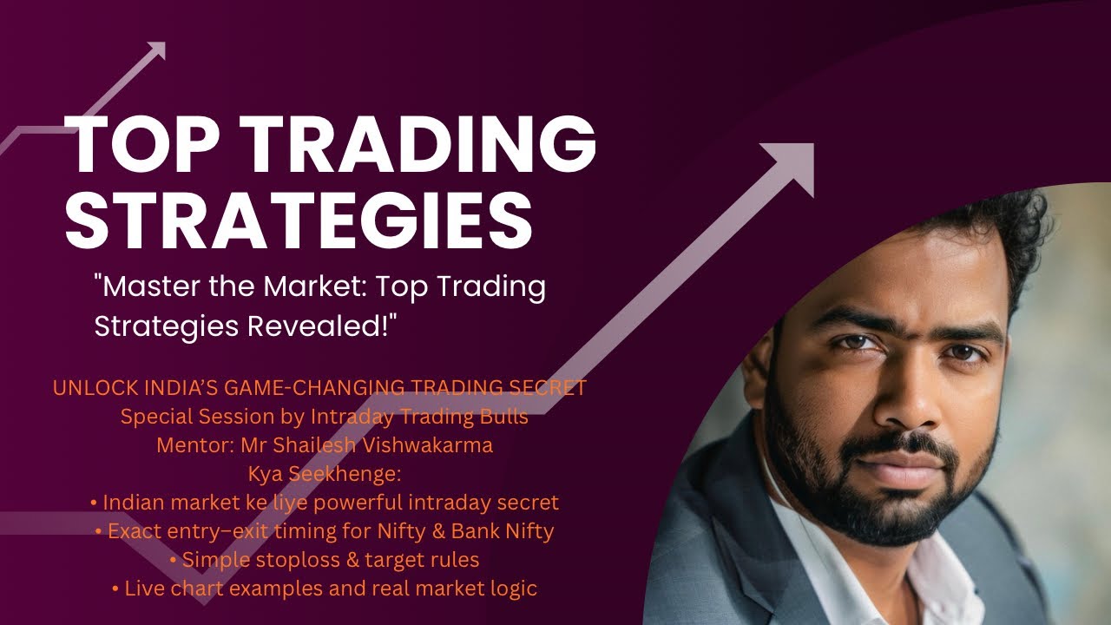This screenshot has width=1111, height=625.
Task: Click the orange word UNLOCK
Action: [x=89, y=388]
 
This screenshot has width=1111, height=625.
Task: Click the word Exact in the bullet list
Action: [x=135, y=531]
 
